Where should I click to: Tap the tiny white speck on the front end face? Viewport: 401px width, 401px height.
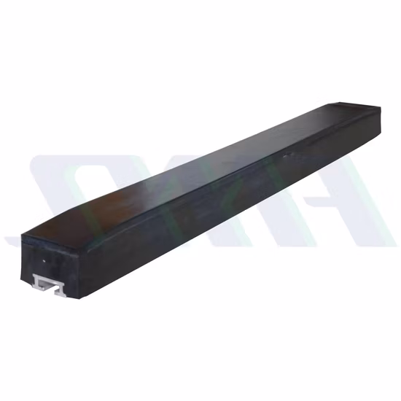point(44,260)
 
